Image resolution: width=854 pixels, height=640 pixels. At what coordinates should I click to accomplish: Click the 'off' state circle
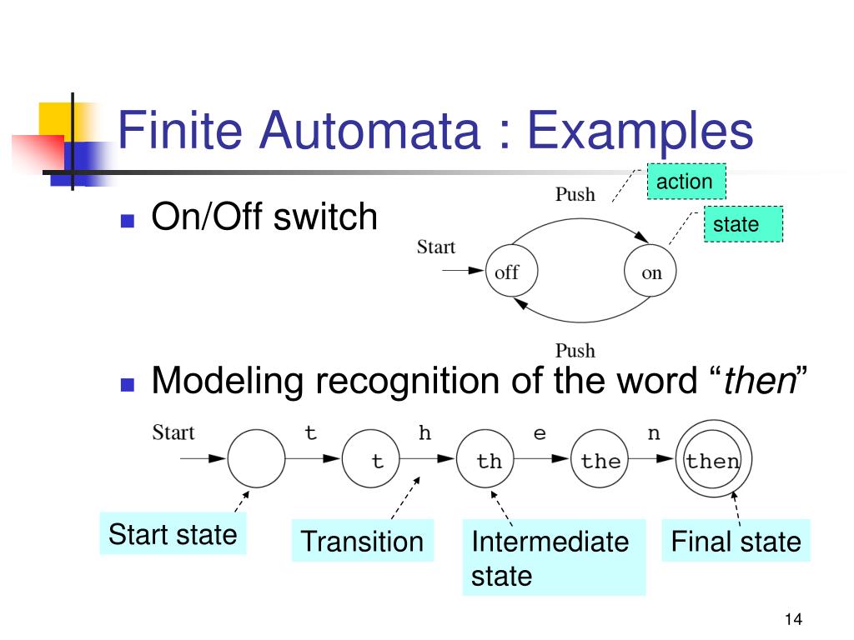click(506, 272)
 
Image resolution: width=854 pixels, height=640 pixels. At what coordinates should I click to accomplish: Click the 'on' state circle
click(651, 272)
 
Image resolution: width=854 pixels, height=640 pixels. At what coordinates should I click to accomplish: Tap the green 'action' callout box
click(686, 182)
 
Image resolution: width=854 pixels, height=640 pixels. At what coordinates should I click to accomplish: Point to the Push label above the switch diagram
click(575, 194)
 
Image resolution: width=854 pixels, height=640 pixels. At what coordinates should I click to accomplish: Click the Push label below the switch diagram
click(575, 350)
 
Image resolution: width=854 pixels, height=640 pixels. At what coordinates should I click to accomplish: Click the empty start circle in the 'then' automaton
click(255, 459)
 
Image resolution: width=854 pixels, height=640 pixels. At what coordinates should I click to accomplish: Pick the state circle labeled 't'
click(372, 459)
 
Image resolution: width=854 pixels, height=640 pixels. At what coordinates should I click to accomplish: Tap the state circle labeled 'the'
click(600, 459)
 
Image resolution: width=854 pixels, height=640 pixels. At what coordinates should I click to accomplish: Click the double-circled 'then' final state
click(713, 459)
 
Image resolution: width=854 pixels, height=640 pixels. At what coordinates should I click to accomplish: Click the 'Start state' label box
click(173, 534)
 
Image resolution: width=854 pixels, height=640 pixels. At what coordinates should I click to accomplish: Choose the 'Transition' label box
click(362, 542)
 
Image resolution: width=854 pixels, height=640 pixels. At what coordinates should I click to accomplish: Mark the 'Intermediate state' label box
click(553, 557)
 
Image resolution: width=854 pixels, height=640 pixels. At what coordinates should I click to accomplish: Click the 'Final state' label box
click(736, 542)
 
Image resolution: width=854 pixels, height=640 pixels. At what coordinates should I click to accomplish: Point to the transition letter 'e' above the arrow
click(540, 433)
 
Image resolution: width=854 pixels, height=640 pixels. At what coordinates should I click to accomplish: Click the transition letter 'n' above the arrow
click(654, 433)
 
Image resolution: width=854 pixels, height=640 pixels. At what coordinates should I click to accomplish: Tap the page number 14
click(792, 619)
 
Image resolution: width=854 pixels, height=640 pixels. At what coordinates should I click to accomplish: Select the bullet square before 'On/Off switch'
click(128, 221)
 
